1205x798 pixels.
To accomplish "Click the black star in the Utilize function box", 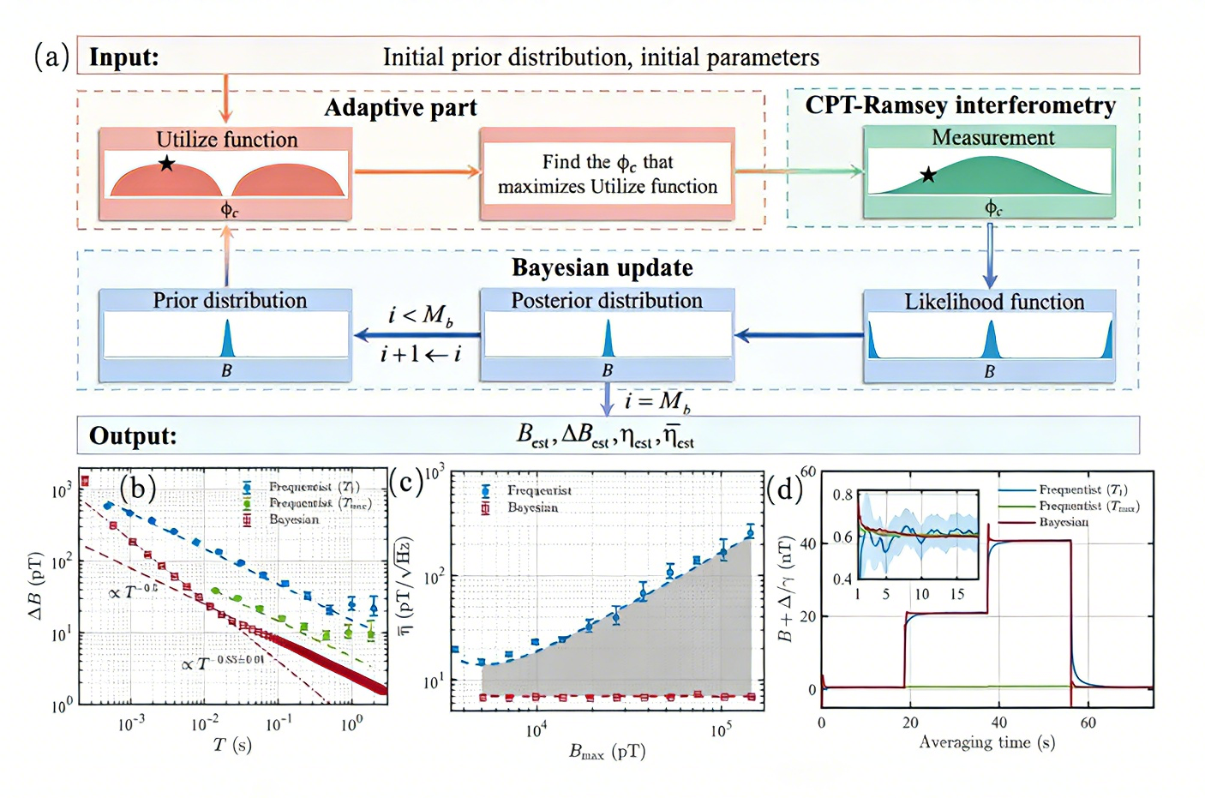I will (x=166, y=164).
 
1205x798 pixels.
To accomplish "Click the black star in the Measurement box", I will (x=928, y=176).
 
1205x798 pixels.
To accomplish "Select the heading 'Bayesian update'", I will (x=602, y=268).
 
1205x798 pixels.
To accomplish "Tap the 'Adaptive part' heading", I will (x=400, y=108).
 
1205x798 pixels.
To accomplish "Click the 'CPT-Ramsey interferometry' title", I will (x=960, y=105).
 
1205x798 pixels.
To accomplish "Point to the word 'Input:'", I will (x=124, y=57).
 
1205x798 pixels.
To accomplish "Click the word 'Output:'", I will (x=133, y=436).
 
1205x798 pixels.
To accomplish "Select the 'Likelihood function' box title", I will (x=994, y=302).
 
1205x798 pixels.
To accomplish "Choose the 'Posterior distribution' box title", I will (x=607, y=301).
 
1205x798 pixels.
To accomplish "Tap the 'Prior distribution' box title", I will (x=230, y=301).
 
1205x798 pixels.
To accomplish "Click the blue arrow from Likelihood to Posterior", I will (x=798, y=335).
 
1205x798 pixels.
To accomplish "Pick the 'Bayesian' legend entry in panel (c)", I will (x=532, y=507).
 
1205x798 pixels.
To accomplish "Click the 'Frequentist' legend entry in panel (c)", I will (x=539, y=490).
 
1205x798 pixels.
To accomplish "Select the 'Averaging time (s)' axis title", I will (x=986, y=742).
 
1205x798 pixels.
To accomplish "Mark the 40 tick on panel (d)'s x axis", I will (x=999, y=723).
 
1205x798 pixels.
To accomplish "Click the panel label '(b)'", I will (x=138, y=488).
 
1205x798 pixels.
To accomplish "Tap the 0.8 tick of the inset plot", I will (x=842, y=495).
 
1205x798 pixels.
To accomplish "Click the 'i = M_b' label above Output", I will (x=657, y=401).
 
